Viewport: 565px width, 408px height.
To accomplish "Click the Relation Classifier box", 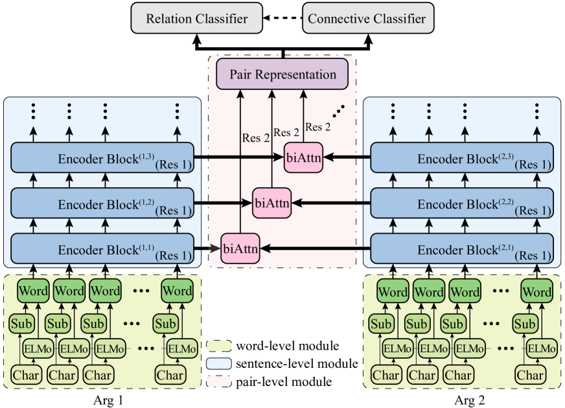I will tap(196, 18).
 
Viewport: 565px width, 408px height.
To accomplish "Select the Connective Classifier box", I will tap(367, 18).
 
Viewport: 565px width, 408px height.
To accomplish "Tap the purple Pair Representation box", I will tap(282, 74).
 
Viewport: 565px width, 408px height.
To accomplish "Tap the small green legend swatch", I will tap(220, 346).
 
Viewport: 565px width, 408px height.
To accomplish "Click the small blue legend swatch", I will tap(220, 363).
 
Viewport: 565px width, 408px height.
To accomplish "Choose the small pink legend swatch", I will tap(220, 380).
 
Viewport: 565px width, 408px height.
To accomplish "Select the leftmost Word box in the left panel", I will tap(33, 291).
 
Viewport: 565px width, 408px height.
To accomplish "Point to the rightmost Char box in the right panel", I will tap(530, 375).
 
